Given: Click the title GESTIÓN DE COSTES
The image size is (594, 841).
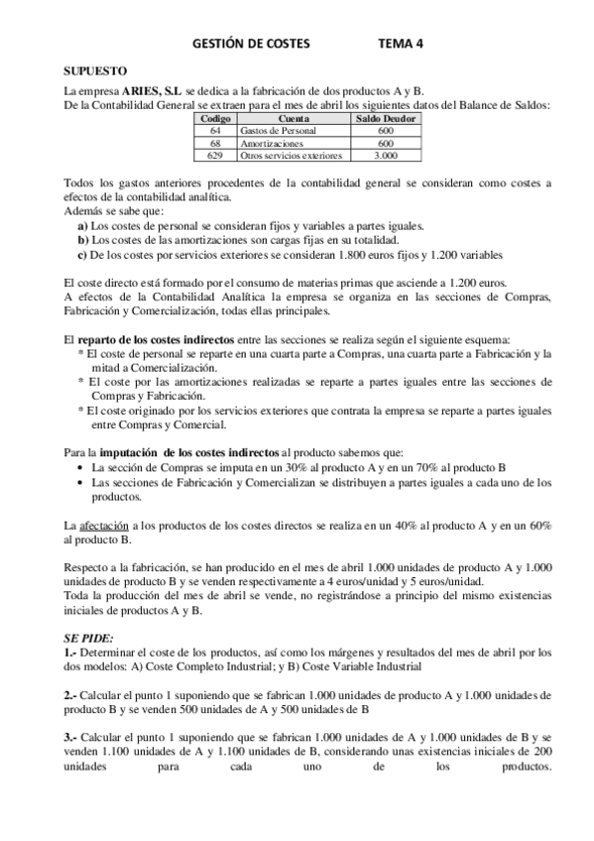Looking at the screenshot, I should pyautogui.click(x=249, y=44).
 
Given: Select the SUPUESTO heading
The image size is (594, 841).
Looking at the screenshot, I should pyautogui.click(x=94, y=71).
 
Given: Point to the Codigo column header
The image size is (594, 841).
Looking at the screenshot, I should pyautogui.click(x=215, y=119).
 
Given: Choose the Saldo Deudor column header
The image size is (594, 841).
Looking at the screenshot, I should pyautogui.click(x=386, y=119).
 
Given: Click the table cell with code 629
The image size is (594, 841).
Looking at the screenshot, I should pyautogui.click(x=215, y=156).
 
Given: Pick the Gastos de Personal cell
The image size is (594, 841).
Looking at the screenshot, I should pyautogui.click(x=275, y=131).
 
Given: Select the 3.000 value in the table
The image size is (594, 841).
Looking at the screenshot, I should pyautogui.click(x=386, y=156).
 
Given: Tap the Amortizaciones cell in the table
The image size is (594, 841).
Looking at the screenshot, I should pyautogui.click(x=268, y=144).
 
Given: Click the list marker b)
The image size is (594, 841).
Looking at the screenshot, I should pyautogui.click(x=82, y=239).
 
